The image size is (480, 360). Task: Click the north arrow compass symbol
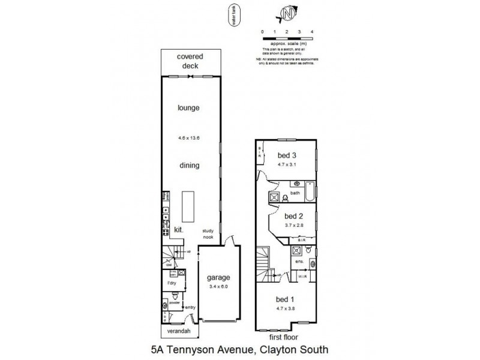(x=288, y=13)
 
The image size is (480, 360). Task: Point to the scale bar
(x=287, y=38)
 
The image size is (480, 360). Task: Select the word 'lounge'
(x=188, y=108)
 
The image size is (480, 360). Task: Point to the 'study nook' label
(x=208, y=233)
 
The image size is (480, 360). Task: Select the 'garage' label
(x=218, y=278)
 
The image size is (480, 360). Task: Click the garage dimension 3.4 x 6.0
(x=218, y=287)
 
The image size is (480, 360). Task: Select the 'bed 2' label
(x=293, y=216)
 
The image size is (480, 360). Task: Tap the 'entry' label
(x=190, y=307)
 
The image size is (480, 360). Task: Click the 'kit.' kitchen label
(x=178, y=230)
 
